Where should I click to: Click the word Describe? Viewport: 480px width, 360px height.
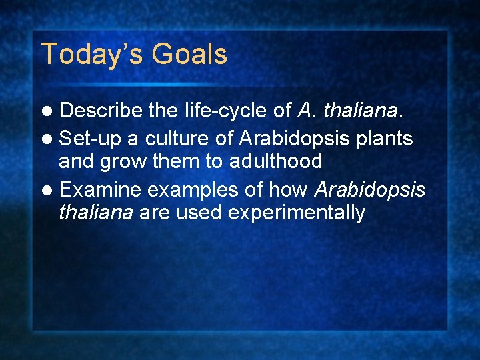101,111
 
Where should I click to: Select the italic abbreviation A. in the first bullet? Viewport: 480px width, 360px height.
306,111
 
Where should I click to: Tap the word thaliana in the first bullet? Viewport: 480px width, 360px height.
359,111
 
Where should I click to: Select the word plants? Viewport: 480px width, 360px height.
386,139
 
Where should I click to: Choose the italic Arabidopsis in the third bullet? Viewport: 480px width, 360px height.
369,191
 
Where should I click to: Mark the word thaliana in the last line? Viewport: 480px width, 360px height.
95,213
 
